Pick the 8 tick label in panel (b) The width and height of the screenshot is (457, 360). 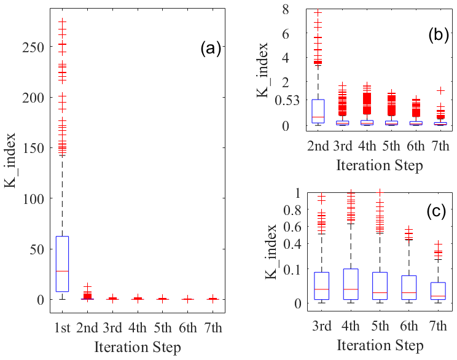tap(285, 9)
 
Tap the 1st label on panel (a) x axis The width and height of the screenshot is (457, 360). tap(62, 326)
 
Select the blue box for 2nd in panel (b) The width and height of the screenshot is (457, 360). tap(318, 111)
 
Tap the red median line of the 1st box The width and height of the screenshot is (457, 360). tap(62, 271)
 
